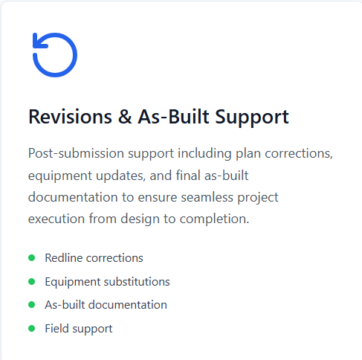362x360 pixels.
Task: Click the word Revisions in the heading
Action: [70, 117]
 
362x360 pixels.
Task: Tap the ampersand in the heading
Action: [125, 117]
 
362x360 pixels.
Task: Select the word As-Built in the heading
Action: [173, 117]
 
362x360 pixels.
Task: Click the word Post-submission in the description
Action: [77, 153]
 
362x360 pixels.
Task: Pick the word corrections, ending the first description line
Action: [299, 154]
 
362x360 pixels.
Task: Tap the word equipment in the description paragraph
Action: [60, 176]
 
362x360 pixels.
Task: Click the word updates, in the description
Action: [120, 176]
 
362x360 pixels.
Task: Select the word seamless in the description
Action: [207, 198]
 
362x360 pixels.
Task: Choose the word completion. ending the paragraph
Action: [214, 219]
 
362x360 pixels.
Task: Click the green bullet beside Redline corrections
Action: [31, 258]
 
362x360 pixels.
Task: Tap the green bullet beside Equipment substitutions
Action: [31, 282]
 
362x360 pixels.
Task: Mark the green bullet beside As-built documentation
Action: [31, 305]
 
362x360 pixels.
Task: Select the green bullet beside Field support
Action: [31, 329]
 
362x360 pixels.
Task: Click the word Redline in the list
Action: [64, 258]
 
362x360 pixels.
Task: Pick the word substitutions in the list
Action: [137, 282]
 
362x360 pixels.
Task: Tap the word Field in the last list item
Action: [56, 329]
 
